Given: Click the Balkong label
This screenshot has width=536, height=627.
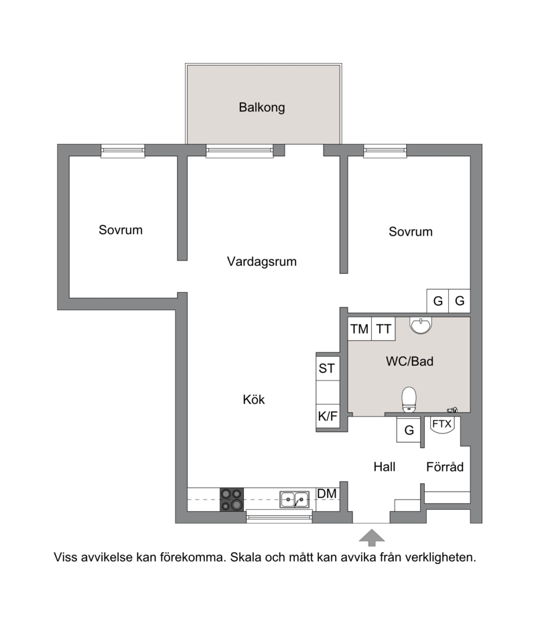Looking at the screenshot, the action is (261, 108).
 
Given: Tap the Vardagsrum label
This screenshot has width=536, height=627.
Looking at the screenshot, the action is (261, 261).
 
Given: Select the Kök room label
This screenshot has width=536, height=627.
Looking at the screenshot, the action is (254, 399).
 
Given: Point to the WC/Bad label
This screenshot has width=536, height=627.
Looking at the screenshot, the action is (409, 362).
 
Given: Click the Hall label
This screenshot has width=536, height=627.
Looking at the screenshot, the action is (385, 467).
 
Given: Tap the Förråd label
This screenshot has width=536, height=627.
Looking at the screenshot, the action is (445, 467).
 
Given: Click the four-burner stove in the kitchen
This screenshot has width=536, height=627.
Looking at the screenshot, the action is (232, 500).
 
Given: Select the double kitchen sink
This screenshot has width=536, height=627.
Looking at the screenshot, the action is (294, 500).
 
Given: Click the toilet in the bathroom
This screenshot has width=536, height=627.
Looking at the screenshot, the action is (409, 399).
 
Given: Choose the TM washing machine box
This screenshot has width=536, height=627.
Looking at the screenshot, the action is (360, 329).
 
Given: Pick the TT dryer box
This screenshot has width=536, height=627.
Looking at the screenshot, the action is (384, 329).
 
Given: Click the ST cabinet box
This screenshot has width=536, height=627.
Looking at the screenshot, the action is (328, 368).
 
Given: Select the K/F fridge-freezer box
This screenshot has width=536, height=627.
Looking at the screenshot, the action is (328, 416).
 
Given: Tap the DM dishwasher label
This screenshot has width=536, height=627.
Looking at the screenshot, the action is (327, 494).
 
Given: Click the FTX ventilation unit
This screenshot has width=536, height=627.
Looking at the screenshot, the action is (442, 424).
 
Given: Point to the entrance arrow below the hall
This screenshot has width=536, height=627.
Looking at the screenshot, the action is (372, 537).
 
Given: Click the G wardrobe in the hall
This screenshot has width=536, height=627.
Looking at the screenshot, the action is (409, 430).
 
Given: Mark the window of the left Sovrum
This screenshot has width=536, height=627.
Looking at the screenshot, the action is (123, 151).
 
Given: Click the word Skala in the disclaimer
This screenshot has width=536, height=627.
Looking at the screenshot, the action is (245, 557).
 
